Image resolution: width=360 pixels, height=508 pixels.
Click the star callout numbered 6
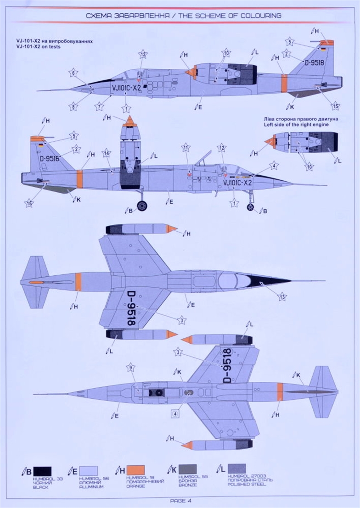pyautogui.click(x=73, y=73)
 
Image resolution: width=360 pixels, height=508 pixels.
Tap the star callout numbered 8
pyautogui.click(x=73, y=106)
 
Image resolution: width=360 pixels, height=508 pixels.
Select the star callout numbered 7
pyautogui.click(x=99, y=106)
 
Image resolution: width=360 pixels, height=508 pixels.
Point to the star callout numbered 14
pyautogui.click(x=106, y=153)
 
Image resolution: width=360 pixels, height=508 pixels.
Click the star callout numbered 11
pyautogui.click(x=186, y=148)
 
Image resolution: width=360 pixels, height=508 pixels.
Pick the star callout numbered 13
pyautogui.click(x=282, y=296)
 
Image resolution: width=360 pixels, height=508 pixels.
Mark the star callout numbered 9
pyautogui.click(x=131, y=367)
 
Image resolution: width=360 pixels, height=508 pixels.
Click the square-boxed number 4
pyautogui.click(x=175, y=413)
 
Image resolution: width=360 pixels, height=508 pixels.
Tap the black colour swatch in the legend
pyautogui.click(x=42, y=471)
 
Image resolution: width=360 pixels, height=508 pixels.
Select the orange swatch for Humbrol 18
pyautogui.click(x=135, y=470)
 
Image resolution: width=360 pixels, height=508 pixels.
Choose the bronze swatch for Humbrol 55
pyautogui.click(x=187, y=469)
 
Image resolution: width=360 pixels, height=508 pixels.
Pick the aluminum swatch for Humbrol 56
pyautogui.click(x=89, y=471)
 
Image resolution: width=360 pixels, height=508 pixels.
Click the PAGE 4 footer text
pyautogui.click(x=180, y=501)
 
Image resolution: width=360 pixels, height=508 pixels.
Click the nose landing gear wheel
pyautogui.click(x=250, y=207)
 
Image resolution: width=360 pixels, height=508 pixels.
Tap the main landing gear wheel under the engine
pyautogui.click(x=142, y=206)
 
